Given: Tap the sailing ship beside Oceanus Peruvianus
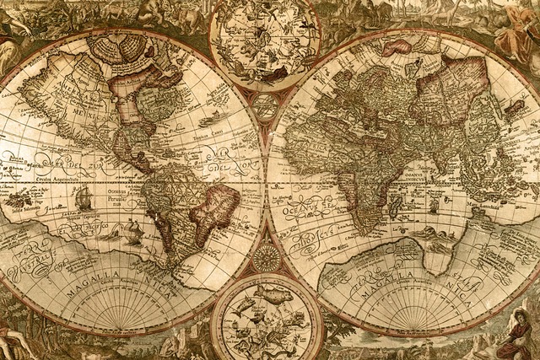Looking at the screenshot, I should [83, 199].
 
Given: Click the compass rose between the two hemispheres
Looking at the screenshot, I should [267, 256].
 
